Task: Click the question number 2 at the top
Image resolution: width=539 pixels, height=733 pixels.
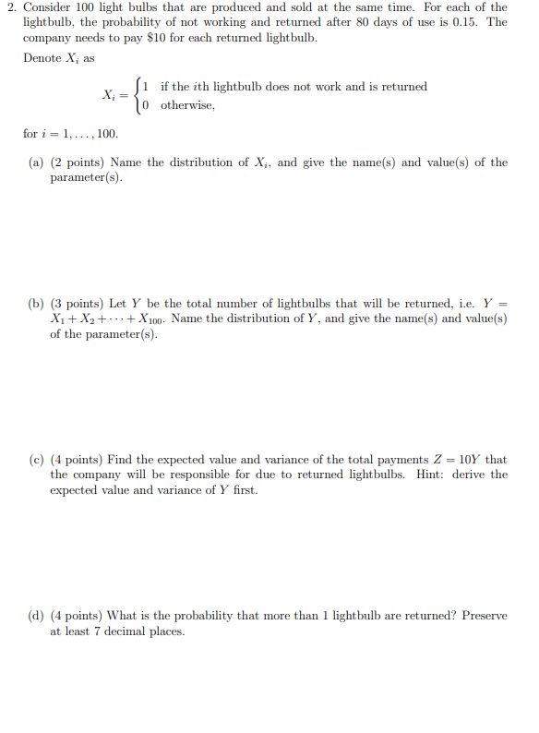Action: coord(9,7)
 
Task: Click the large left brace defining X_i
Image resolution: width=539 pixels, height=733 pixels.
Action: coord(139,95)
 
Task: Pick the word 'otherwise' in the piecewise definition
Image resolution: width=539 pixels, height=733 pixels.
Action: coord(188,104)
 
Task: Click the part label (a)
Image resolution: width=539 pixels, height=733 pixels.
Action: coord(35,162)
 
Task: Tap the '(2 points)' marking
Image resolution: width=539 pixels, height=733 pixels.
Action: coord(78,162)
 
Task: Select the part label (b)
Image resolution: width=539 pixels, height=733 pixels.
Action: coord(35,304)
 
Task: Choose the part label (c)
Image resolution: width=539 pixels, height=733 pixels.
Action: coord(35,460)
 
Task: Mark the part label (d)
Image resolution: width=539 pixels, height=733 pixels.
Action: coord(35,616)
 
